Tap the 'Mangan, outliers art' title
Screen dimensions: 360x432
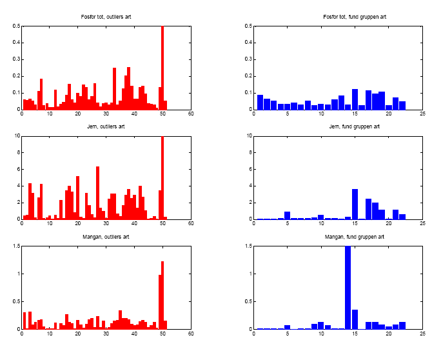(x=106, y=237)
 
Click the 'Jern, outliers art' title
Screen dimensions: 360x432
(x=106, y=126)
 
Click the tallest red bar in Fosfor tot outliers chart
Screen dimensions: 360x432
(x=162, y=68)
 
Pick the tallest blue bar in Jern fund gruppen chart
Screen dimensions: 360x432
(x=355, y=204)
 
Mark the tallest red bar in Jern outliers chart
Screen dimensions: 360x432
(x=162, y=177)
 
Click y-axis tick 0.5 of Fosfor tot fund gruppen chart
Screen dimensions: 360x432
(x=247, y=26)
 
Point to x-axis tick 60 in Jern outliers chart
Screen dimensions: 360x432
(x=191, y=224)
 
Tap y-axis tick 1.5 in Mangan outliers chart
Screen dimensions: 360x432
(x=16, y=246)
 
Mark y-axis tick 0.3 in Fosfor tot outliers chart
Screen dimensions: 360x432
(x=16, y=60)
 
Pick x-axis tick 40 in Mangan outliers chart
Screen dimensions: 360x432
(x=135, y=334)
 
